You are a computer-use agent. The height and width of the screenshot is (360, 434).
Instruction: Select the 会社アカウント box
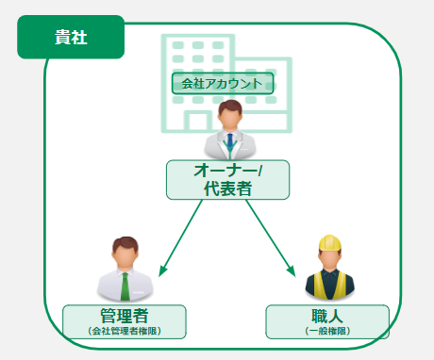point(223,83)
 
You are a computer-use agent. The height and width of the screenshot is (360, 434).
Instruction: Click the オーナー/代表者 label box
point(227,179)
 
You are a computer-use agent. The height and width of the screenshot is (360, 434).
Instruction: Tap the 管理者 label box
point(124,321)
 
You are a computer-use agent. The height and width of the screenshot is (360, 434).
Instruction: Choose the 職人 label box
point(327,321)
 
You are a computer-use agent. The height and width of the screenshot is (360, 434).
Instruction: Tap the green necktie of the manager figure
point(125,284)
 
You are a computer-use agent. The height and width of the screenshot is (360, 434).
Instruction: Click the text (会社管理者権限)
point(124,332)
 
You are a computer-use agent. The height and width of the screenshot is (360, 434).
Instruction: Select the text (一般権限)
point(327,332)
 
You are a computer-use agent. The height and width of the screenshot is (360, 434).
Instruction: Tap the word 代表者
point(227,188)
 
